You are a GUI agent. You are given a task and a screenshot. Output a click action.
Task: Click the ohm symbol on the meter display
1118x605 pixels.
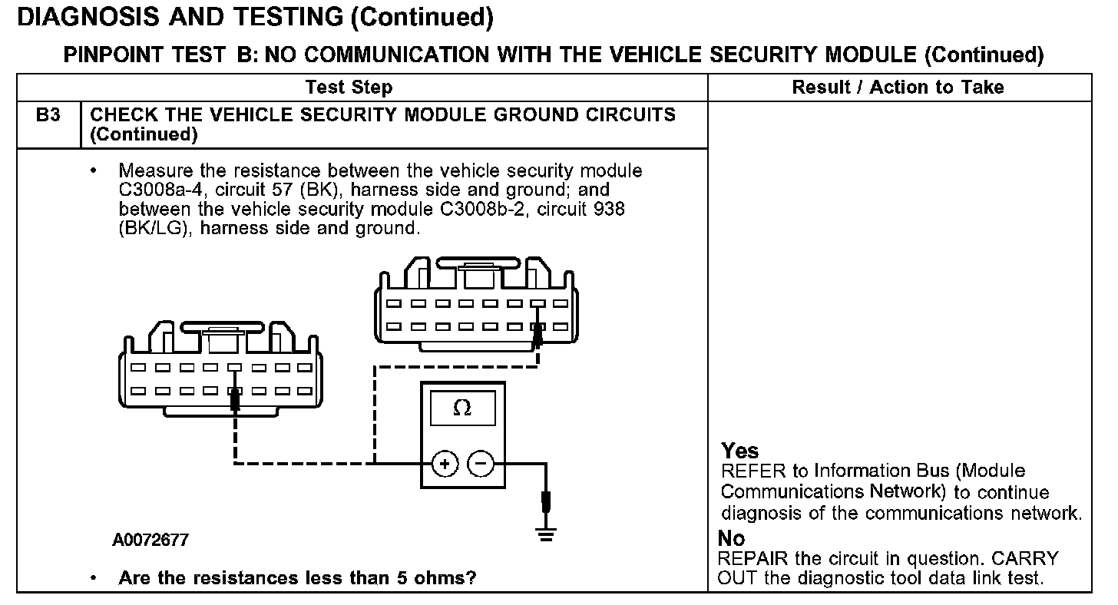[x=461, y=408]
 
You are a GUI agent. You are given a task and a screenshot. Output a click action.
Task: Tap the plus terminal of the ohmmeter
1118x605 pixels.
[x=445, y=463]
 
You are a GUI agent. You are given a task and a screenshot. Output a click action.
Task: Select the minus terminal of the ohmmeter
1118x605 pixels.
[x=481, y=463]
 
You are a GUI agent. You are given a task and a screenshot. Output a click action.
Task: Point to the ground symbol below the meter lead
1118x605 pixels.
[x=546, y=536]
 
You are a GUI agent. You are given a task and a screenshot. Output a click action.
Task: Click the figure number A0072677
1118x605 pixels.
[x=150, y=541]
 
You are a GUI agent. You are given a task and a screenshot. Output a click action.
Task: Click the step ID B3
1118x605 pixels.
[x=48, y=115]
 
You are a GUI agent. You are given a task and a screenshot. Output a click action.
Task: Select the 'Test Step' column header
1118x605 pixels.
[x=349, y=88]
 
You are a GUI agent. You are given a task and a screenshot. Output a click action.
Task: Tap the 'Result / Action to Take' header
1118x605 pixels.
[x=898, y=88]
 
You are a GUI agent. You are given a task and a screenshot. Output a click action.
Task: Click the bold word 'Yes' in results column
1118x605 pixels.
[x=740, y=451]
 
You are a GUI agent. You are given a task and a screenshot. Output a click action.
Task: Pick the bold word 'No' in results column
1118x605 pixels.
[x=732, y=538]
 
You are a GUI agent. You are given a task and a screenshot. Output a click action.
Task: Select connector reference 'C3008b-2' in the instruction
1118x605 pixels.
[x=480, y=209]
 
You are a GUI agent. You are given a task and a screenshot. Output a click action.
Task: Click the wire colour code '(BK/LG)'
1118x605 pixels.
[x=154, y=228]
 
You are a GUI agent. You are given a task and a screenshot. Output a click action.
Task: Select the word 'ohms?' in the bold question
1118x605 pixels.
[x=449, y=578]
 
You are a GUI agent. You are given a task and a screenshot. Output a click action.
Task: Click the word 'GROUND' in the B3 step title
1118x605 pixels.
[x=502, y=115]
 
